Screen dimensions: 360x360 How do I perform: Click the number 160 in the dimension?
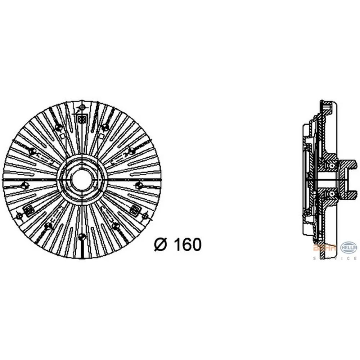coord(187,245)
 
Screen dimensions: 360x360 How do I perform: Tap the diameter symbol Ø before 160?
coord(161,245)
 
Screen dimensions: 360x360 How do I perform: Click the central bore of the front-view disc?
coord(82,179)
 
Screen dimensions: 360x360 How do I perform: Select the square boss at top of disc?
coord(82,119)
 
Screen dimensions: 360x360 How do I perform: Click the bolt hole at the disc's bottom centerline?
coord(82,237)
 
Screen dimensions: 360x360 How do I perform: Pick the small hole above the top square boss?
coord(82,108)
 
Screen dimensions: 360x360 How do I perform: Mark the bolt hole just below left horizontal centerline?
coord(24,186)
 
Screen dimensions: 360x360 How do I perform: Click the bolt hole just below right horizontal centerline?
coord(139,185)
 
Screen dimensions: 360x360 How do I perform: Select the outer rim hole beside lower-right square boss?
coord(145,216)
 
